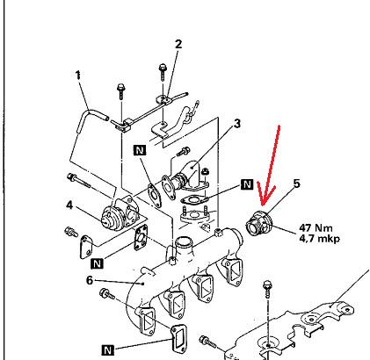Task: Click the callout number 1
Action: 78,76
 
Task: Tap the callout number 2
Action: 178,44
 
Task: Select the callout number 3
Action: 237,123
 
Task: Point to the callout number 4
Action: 69,205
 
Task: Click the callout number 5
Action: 296,184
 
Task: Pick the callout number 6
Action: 90,280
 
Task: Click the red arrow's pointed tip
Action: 263,205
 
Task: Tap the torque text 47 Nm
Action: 316,227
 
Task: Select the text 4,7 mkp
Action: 320,239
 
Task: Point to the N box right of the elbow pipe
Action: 247,184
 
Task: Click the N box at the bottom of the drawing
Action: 108,349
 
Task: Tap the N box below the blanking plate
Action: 98,263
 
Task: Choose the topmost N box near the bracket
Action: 140,150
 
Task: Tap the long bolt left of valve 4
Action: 78,181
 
